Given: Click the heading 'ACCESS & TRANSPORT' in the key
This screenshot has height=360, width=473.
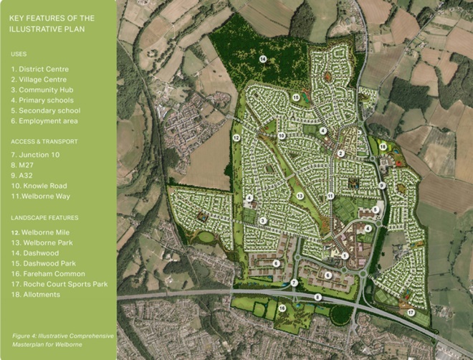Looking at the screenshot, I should point(44,141).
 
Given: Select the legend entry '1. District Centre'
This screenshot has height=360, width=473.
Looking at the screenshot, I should point(39,68).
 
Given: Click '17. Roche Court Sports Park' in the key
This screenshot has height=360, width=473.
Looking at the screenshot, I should point(59,284).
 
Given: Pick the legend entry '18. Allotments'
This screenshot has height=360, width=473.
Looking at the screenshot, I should point(35,294).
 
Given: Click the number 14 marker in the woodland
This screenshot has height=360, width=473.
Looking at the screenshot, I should point(263,59).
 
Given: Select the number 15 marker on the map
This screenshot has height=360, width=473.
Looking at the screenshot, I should point(295,97).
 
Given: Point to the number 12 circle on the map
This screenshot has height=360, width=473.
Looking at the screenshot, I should point(236,137).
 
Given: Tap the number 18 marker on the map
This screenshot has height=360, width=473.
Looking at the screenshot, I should point(383,146).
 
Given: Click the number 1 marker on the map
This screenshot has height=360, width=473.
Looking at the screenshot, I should point(345,255).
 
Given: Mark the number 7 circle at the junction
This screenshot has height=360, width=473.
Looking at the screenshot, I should point(294,283).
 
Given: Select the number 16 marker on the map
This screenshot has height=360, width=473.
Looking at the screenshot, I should point(282,308).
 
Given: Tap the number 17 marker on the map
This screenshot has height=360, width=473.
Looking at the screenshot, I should point(411,313).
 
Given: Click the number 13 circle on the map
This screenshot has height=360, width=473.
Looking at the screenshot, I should point(300,195).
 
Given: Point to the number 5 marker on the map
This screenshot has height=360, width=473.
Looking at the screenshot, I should point(375,209).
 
